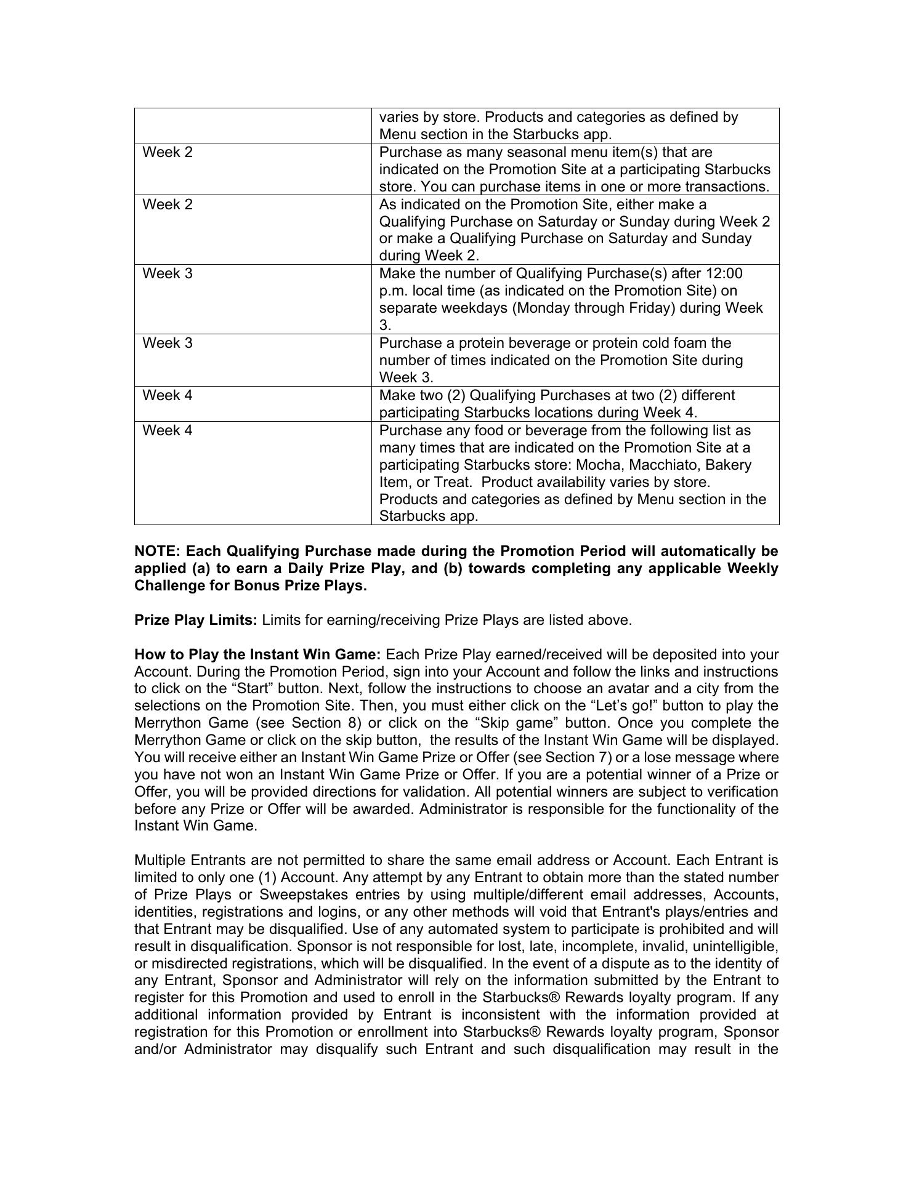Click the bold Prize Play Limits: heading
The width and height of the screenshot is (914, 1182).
196,620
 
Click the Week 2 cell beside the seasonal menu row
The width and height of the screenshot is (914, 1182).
168,152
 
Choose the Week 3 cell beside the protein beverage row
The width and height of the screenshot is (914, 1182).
168,343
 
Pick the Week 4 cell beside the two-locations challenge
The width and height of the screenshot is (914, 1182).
168,395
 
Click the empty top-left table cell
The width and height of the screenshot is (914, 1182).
253,126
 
